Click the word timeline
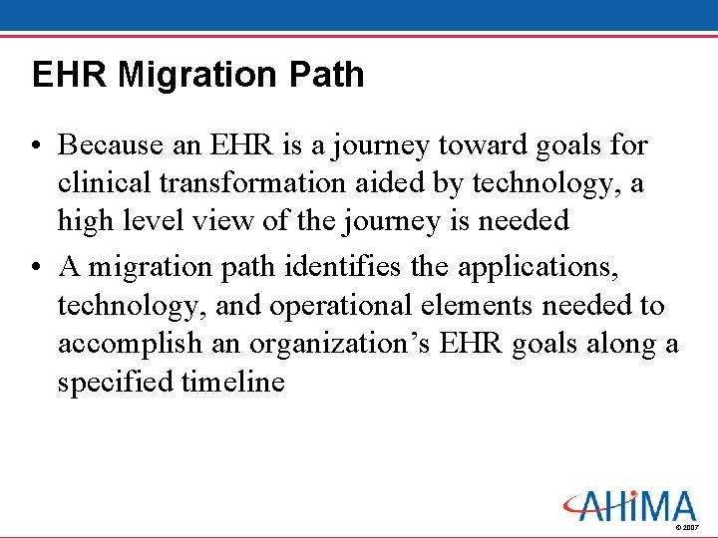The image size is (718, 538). click(x=233, y=382)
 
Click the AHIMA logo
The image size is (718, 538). click(x=628, y=505)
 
